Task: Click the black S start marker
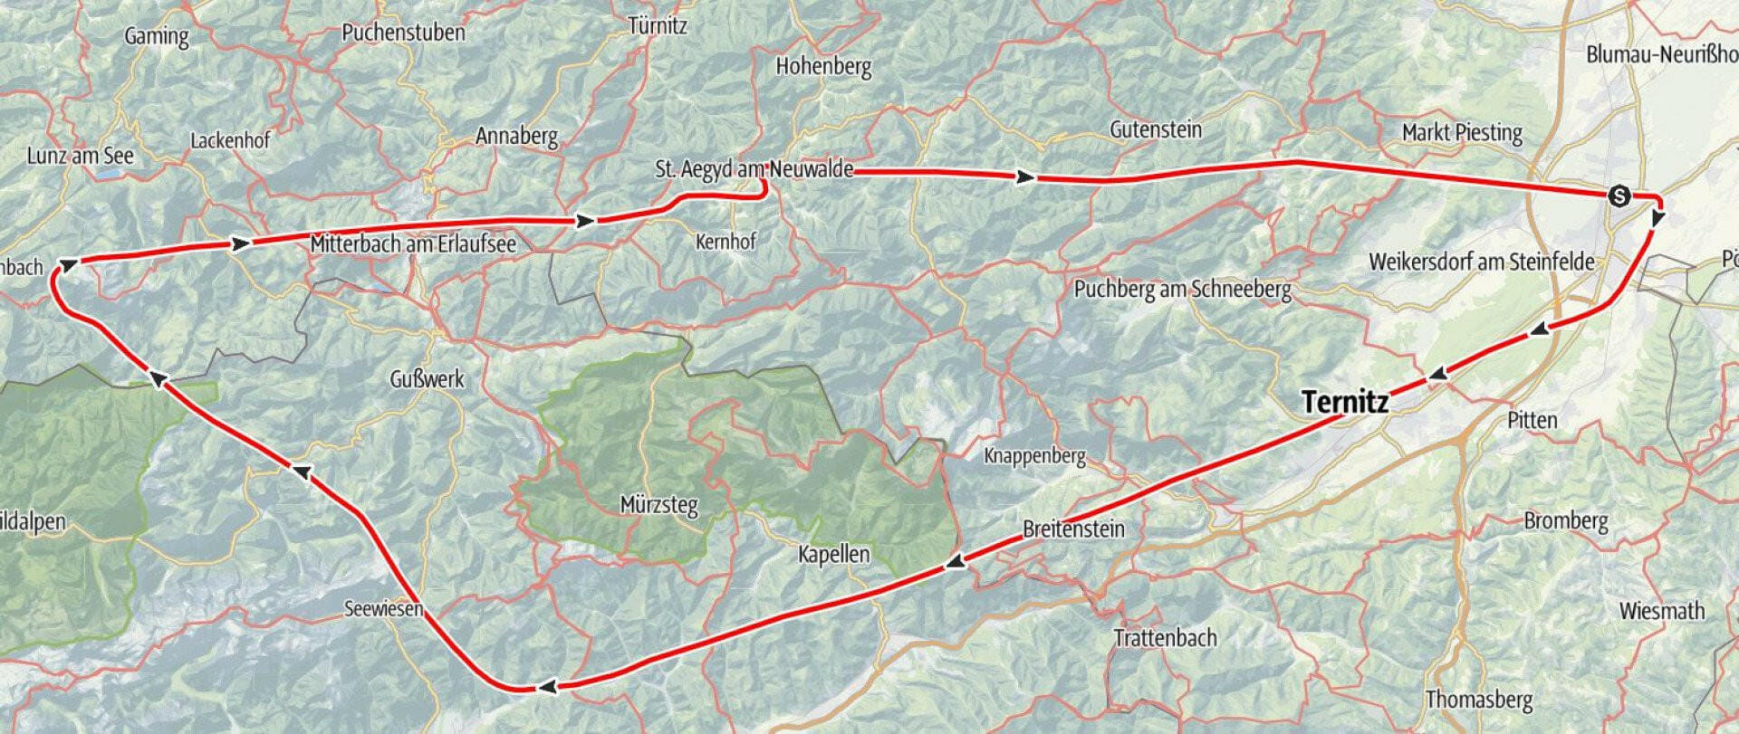[1618, 195]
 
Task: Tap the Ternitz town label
[1344, 403]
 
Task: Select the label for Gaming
[157, 37]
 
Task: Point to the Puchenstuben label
[403, 33]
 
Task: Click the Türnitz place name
[658, 26]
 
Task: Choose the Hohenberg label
[823, 66]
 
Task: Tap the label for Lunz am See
[80, 156]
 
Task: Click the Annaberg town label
[516, 137]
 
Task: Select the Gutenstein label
[1156, 129]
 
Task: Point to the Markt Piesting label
[1462, 133]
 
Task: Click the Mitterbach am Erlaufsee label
[413, 244]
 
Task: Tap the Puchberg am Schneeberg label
[1182, 291]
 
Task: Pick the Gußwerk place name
[427, 379]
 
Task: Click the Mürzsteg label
[658, 504]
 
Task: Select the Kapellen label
[833, 554]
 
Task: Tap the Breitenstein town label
[1073, 529]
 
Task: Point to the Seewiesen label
[383, 609]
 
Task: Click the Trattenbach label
[1165, 638]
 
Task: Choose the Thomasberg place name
[1479, 700]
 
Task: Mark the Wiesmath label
[1662, 611]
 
